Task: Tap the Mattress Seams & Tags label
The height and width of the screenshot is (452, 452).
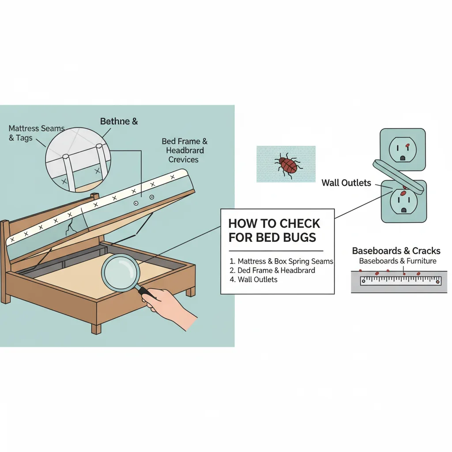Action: point(36,133)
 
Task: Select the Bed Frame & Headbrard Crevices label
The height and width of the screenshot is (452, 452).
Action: point(185,150)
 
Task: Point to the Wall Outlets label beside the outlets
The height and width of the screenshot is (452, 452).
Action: point(346,183)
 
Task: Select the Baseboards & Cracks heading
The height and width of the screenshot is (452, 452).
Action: point(396,251)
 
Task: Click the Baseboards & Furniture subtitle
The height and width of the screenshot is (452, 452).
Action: point(397,261)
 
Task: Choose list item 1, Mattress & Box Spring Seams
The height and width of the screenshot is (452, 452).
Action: point(280,261)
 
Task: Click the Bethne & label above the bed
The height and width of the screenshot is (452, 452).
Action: point(119,121)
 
